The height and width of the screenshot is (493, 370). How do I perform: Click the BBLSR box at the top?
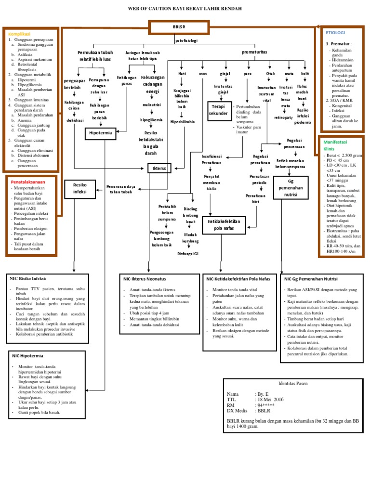coord(179,28)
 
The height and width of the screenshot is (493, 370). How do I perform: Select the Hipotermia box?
coord(101,134)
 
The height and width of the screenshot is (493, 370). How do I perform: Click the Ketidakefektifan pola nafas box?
coord(224,224)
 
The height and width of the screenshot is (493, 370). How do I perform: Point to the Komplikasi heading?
coord(20,34)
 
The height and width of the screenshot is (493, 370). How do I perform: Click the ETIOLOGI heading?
coord(335,32)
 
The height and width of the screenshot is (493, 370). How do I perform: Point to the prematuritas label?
coord(255,52)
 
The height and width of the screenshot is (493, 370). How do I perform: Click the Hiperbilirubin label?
coord(183,122)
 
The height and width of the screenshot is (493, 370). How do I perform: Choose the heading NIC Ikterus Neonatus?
coord(145,278)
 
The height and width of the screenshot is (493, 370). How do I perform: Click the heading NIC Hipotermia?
coord(28,356)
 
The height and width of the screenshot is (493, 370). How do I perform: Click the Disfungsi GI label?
coord(187,253)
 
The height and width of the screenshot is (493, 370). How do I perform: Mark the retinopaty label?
coord(284,117)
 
